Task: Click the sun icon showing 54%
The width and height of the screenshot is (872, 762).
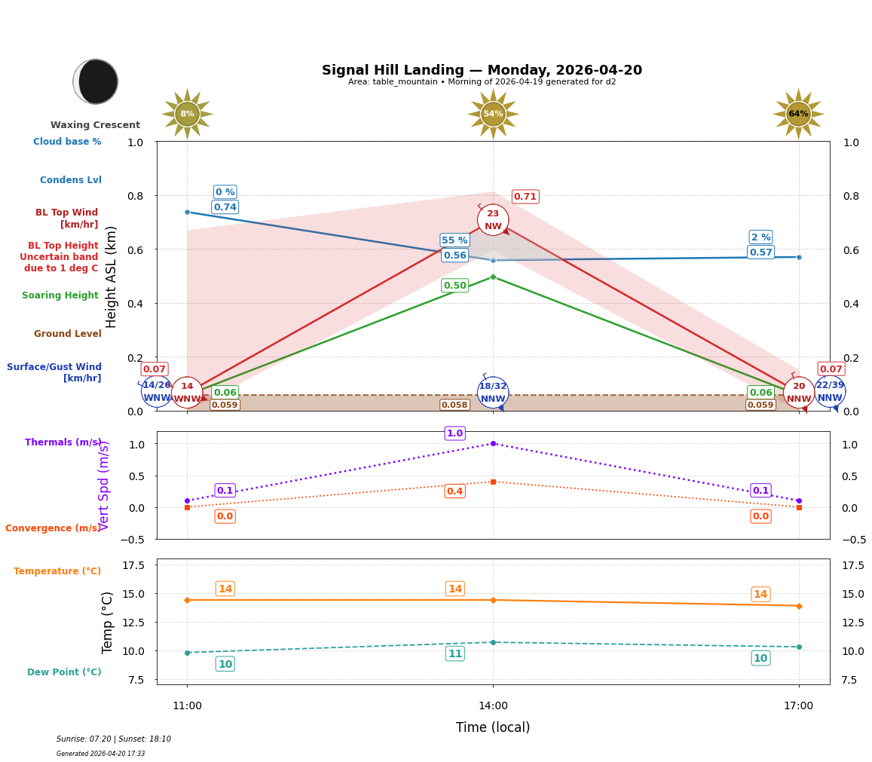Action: click(x=493, y=114)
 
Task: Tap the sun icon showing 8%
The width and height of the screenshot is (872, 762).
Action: click(x=187, y=114)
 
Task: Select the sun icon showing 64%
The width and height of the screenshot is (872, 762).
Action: click(x=798, y=114)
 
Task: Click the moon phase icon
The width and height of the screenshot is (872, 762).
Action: click(x=96, y=81)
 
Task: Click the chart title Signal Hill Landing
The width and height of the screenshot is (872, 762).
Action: click(x=482, y=70)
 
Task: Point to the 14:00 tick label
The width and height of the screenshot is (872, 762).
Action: click(x=493, y=705)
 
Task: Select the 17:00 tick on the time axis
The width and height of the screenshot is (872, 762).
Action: click(x=798, y=705)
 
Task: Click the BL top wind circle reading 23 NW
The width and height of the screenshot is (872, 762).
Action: click(x=493, y=220)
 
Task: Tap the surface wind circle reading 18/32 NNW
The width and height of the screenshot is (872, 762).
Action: click(x=493, y=393)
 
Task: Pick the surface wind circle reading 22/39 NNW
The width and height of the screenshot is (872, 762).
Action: click(x=830, y=391)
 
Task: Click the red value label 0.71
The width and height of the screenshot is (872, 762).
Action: click(x=525, y=197)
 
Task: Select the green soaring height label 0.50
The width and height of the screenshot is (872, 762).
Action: click(x=454, y=286)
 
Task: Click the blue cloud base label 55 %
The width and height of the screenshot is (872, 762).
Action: click(x=454, y=240)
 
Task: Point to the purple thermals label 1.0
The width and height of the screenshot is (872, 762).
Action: click(x=454, y=433)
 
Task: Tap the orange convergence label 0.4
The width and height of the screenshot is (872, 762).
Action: click(x=454, y=491)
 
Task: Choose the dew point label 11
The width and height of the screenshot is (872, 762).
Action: click(x=454, y=653)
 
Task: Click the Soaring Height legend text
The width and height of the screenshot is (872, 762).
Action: click(x=60, y=295)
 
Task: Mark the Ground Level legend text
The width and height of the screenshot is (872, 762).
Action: click(x=68, y=334)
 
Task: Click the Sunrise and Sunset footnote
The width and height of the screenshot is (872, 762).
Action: click(x=114, y=739)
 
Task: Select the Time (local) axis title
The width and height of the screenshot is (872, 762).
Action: click(x=493, y=727)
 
